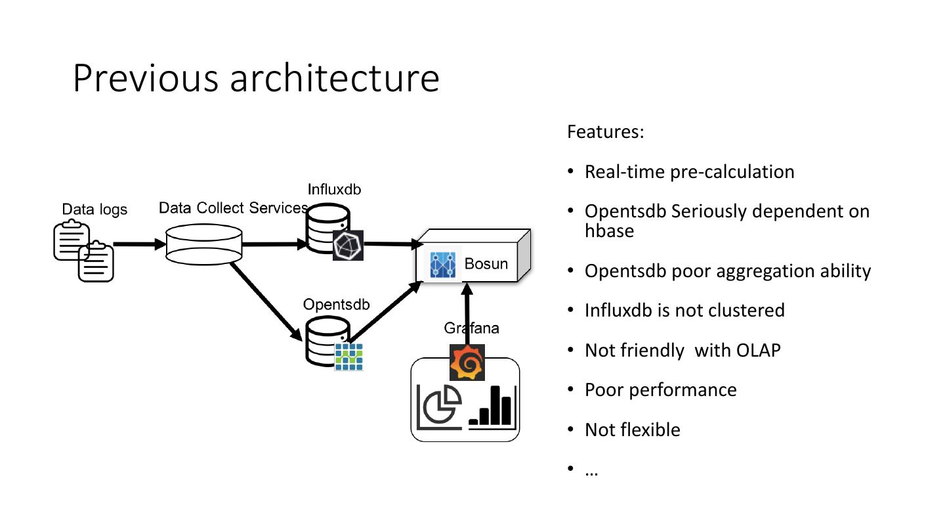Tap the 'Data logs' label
click(94, 210)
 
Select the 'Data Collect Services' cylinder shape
click(203, 244)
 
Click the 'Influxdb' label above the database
click(334, 189)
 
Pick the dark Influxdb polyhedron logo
click(348, 246)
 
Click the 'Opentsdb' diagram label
click(336, 305)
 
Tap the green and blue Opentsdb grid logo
click(349, 357)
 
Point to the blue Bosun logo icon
click(442, 265)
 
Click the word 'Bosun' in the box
click(486, 264)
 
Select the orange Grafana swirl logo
click(467, 363)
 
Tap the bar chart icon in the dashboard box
click(492, 407)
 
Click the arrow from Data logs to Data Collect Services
click(140, 244)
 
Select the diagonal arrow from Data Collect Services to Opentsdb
click(266, 301)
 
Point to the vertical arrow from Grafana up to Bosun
click(467, 314)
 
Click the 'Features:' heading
click(605, 132)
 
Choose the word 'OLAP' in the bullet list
click(759, 351)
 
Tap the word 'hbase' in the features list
click(609, 231)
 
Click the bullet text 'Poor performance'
click(661, 389)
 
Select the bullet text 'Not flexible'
click(633, 430)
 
